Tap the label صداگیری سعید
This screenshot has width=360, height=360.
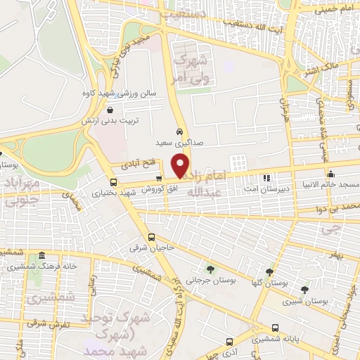(181, 141)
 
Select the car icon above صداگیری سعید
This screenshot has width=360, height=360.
(181, 131)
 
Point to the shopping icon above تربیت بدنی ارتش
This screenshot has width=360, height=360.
(110, 110)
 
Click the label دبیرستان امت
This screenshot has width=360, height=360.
(266, 188)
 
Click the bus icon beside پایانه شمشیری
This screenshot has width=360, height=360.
(275, 328)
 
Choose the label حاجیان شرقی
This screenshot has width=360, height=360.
(147, 248)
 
